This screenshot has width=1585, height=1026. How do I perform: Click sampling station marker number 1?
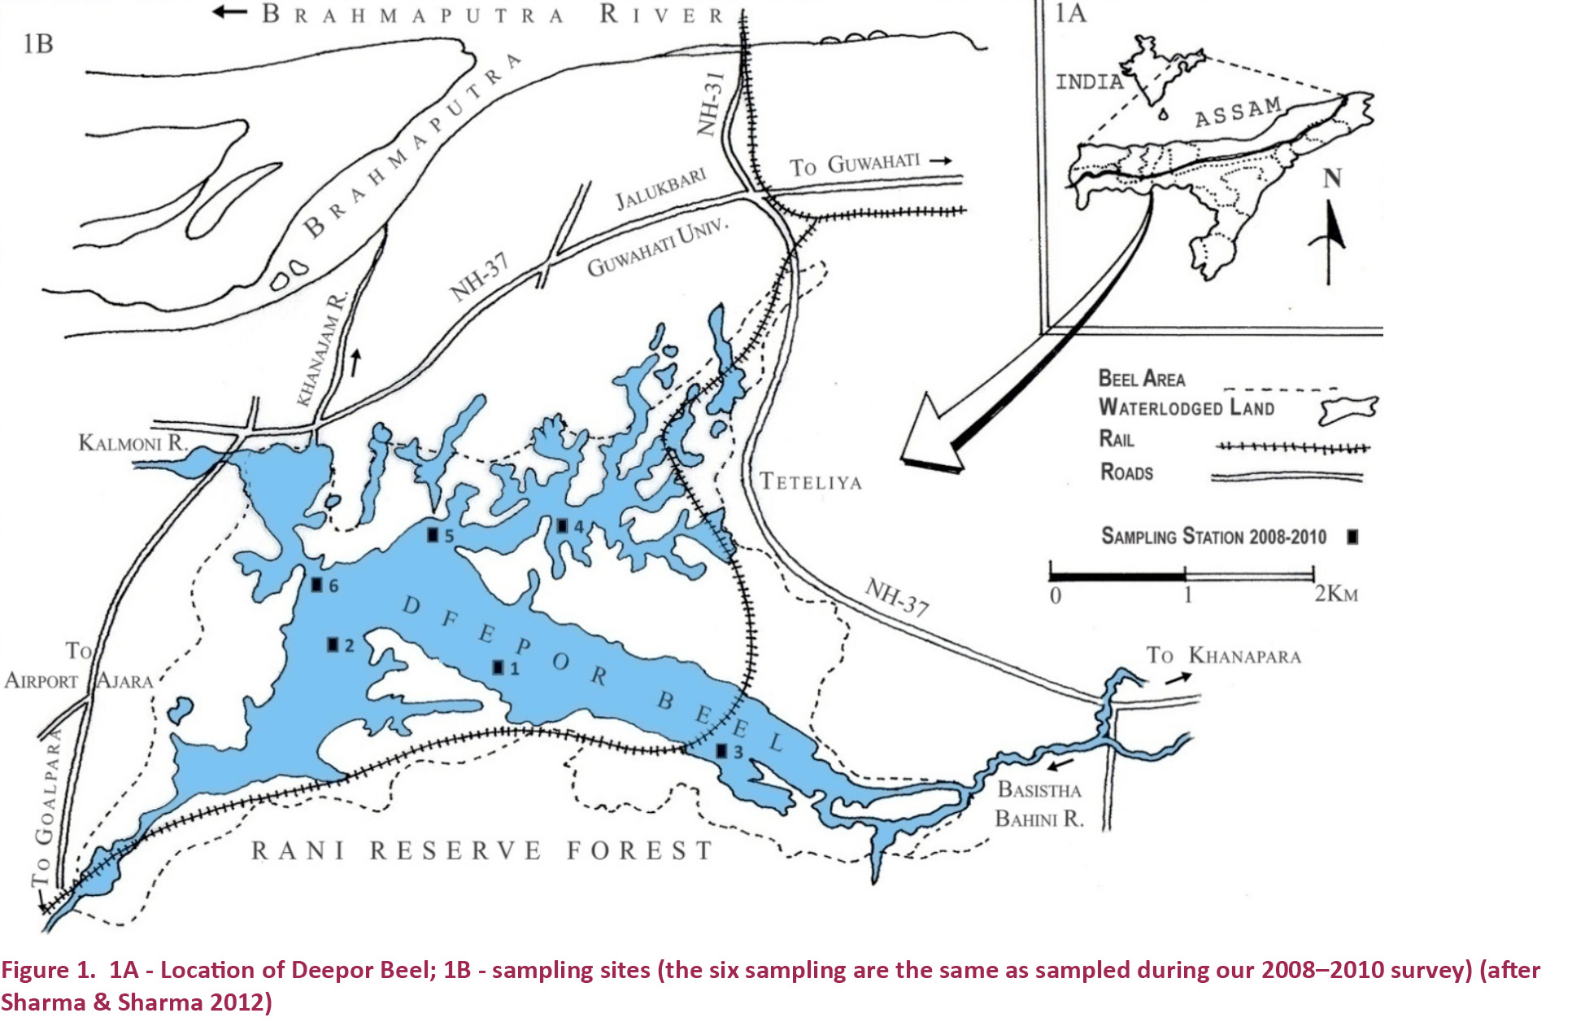pos(499,667)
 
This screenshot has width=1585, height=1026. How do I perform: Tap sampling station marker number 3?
pos(721,751)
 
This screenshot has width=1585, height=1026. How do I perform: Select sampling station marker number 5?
pos(433,534)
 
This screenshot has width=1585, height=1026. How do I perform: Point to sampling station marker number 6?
pos(317,584)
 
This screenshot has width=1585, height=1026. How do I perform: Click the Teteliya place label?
pos(810,482)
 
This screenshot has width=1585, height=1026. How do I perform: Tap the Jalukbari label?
pos(660,189)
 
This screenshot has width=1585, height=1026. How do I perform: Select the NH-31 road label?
pos(711,104)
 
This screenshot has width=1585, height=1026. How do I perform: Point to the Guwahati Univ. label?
pos(657,249)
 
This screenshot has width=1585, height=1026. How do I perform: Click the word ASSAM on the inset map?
pos(1238,113)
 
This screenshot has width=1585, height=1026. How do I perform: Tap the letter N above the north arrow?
pos(1331,178)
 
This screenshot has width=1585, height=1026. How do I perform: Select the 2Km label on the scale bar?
pos(1336,594)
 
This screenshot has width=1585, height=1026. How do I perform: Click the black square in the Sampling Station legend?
pos(1352,537)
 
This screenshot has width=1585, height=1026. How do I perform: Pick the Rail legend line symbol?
pos(1291,447)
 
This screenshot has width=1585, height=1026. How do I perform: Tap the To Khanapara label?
pos(1223,656)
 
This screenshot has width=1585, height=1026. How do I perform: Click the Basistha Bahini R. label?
pos(1039,804)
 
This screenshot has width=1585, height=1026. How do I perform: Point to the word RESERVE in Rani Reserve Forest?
pos(455,851)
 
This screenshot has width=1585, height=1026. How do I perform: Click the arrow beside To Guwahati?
pos(941,161)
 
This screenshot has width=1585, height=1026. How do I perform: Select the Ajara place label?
pos(124,681)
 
